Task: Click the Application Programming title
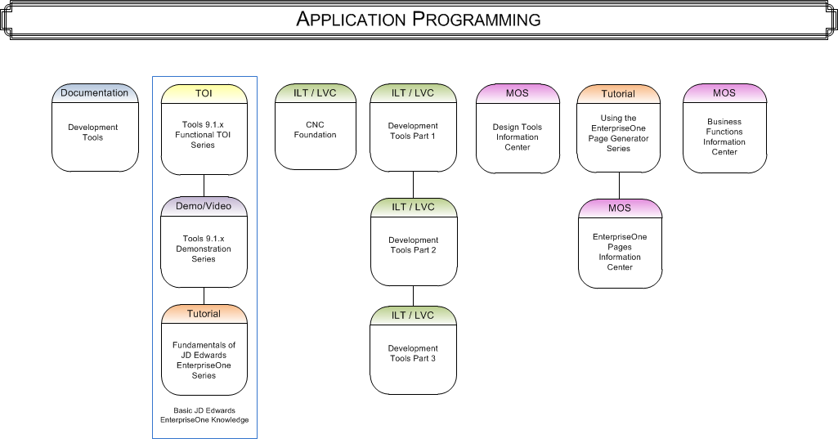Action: click(419, 19)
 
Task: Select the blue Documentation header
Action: click(94, 92)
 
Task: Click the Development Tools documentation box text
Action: click(93, 132)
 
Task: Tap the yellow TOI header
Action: click(204, 93)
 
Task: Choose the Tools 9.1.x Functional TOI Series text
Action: click(204, 135)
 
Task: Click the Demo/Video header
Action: click(204, 206)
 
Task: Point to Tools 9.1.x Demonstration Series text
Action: click(204, 249)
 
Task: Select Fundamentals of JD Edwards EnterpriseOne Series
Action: click(204, 361)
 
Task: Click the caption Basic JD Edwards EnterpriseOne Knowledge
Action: click(204, 414)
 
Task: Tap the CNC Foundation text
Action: click(315, 129)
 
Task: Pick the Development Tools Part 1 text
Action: click(412, 131)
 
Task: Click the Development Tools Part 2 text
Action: click(412, 245)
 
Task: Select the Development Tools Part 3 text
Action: click(412, 353)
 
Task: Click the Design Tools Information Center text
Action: click(518, 137)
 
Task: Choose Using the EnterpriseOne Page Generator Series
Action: click(619, 133)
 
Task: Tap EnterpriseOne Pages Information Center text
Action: click(620, 252)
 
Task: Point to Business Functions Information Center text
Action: click(724, 137)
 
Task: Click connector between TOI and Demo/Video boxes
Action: click(204, 186)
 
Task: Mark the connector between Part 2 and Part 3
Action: click(413, 295)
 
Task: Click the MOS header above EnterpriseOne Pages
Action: click(620, 208)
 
